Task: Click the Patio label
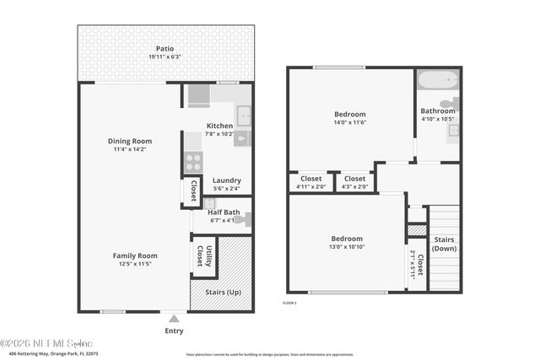pyautogui.click(x=165, y=48)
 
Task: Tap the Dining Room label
pyautogui.click(x=129, y=141)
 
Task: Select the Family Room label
pyautogui.click(x=135, y=255)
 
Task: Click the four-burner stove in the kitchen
pyautogui.click(x=193, y=162)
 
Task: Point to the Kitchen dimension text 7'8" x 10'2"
pyautogui.click(x=220, y=133)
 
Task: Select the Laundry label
pyautogui.click(x=226, y=180)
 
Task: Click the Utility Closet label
pyautogui.click(x=203, y=255)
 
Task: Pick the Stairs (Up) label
pyautogui.click(x=221, y=292)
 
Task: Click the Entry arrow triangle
pyautogui.click(x=174, y=319)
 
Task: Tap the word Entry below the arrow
pyautogui.click(x=174, y=331)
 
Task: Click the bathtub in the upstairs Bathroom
pyautogui.click(x=437, y=81)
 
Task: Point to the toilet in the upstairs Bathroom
pyautogui.click(x=449, y=106)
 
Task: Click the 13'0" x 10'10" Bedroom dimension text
pyautogui.click(x=347, y=248)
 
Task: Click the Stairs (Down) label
pyautogui.click(x=444, y=244)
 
